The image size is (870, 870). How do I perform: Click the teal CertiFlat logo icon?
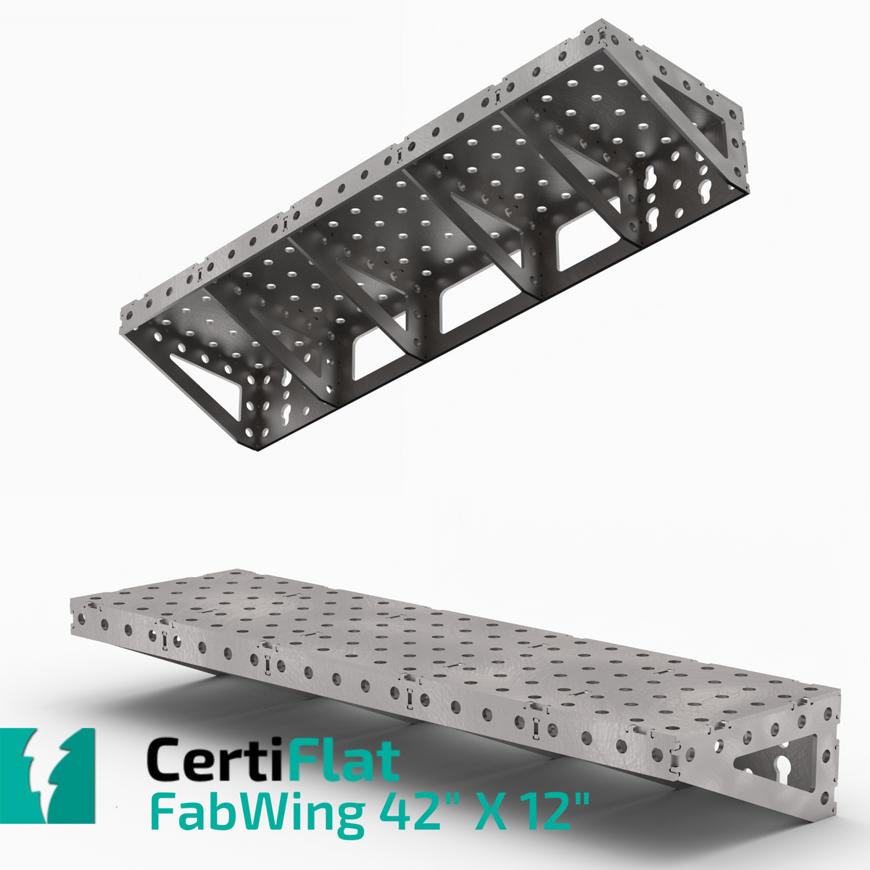tap(48, 776)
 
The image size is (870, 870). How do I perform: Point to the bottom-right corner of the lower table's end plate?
tap(836, 821)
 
